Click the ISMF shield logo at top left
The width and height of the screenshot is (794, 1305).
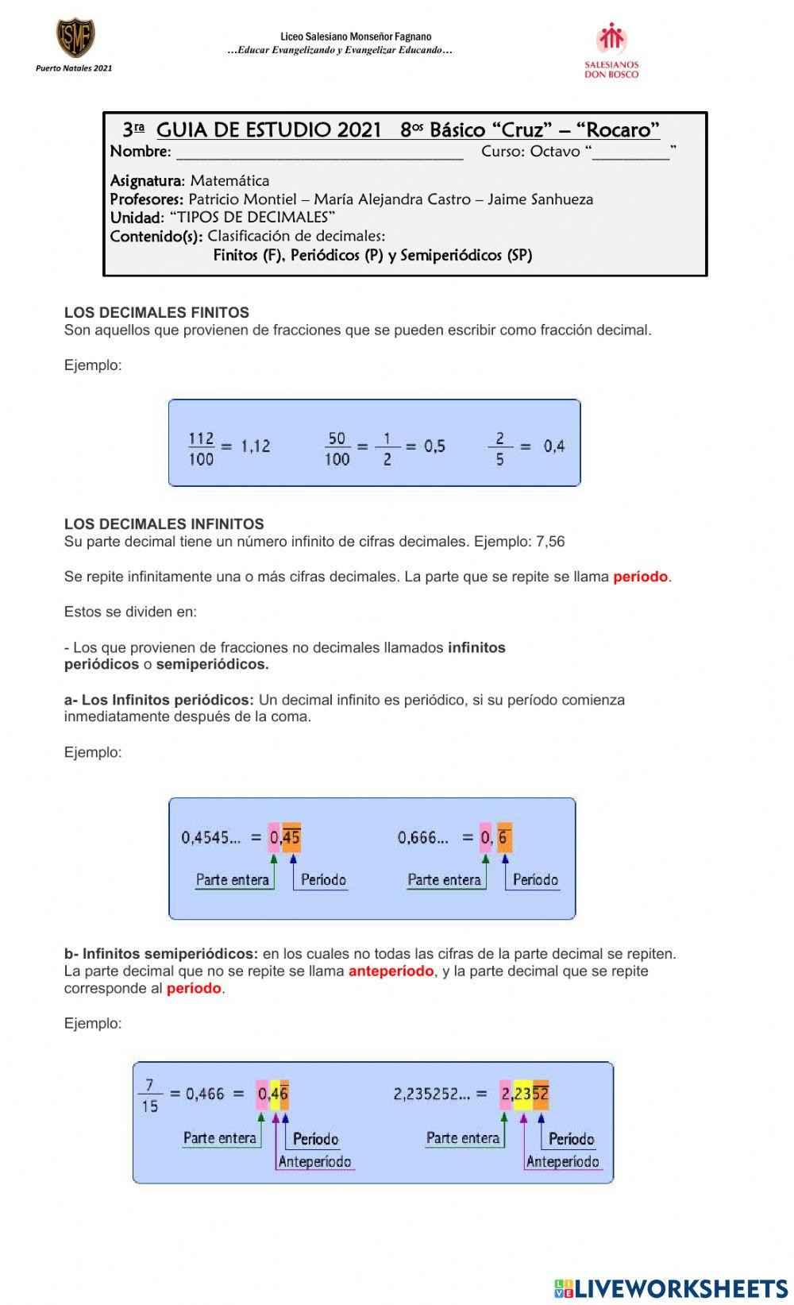[x=75, y=37]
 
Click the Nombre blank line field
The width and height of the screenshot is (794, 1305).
[x=318, y=153]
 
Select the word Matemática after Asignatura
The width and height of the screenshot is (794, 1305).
[x=229, y=181]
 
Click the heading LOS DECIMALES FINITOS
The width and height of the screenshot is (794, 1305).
[x=156, y=313]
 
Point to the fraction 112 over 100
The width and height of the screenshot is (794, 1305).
[x=201, y=448]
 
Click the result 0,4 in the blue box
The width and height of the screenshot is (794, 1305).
[x=553, y=446]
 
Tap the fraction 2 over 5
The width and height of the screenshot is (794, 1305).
[x=499, y=448]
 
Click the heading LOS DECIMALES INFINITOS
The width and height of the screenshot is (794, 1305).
[x=164, y=524]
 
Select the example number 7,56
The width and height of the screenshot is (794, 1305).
[x=550, y=542]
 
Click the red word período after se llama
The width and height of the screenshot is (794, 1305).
[x=640, y=577]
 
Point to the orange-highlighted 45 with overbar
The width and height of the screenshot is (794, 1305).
[x=291, y=837]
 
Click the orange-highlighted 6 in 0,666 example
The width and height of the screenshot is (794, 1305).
[x=504, y=837]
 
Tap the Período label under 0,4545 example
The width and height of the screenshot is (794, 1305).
[x=323, y=880]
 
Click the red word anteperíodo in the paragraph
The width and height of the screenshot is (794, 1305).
[x=391, y=971]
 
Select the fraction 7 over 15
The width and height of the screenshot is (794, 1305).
[x=149, y=1095]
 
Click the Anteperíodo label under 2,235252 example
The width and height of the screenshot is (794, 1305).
[x=562, y=1162]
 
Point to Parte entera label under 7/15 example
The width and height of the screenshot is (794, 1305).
[x=219, y=1138]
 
